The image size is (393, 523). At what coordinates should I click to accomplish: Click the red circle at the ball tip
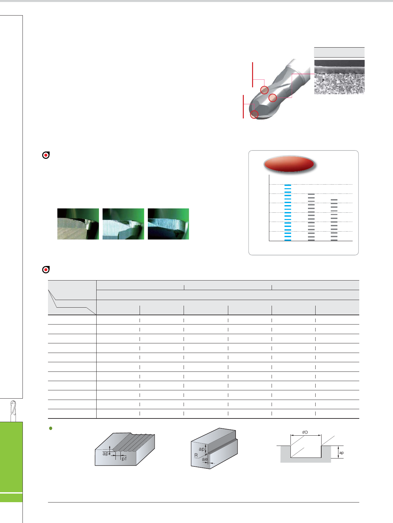click(254, 114)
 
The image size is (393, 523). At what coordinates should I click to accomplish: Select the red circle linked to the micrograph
click(273, 98)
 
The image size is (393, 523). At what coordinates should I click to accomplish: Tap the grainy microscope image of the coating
click(339, 77)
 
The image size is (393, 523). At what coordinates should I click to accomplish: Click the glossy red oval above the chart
click(289, 164)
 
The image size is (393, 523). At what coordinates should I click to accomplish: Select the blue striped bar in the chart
click(288, 212)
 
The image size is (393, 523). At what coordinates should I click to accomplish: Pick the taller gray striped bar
click(311, 217)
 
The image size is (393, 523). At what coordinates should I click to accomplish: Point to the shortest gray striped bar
click(334, 220)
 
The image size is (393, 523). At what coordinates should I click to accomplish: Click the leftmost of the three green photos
click(78, 224)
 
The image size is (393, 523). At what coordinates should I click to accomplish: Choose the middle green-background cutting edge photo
click(123, 224)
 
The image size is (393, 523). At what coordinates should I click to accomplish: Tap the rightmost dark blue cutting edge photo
click(168, 224)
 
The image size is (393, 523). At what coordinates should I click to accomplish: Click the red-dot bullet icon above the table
click(46, 270)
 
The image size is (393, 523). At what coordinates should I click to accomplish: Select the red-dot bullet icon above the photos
click(46, 155)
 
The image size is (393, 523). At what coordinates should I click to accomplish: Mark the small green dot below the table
click(51, 428)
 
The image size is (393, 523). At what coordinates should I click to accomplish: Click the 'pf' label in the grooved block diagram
click(124, 458)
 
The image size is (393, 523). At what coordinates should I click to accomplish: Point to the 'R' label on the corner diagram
click(196, 455)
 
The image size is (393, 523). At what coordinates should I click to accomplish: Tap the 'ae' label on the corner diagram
click(204, 459)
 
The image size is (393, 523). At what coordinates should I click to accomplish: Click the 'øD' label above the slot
click(305, 432)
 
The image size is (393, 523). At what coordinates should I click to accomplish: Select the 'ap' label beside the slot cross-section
click(341, 453)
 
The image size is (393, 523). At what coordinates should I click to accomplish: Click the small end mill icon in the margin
click(13, 411)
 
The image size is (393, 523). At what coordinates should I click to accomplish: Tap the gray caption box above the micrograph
click(339, 52)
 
